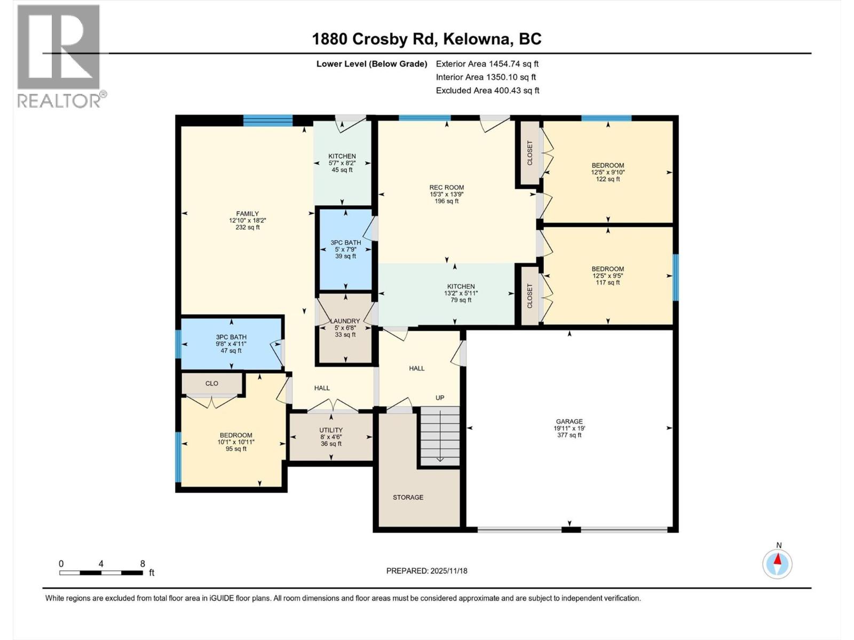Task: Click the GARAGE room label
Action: tap(569, 428)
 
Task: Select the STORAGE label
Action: tap(408, 497)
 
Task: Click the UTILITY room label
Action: tap(331, 436)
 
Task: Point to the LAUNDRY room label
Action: tap(345, 327)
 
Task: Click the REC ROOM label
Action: tap(446, 194)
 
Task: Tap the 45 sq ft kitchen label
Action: tap(342, 163)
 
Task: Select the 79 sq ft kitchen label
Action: tap(461, 293)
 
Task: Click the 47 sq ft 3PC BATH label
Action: tap(231, 343)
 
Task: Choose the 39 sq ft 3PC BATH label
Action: tap(345, 249)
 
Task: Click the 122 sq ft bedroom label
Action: tap(607, 172)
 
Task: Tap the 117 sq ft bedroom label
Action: tap(607, 276)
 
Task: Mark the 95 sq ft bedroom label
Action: tap(235, 442)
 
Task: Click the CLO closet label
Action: tap(212, 383)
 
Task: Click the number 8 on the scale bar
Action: tap(143, 564)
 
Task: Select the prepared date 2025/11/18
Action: tap(426, 571)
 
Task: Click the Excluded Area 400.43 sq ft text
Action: tap(487, 90)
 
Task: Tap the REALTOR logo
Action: tap(59, 56)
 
